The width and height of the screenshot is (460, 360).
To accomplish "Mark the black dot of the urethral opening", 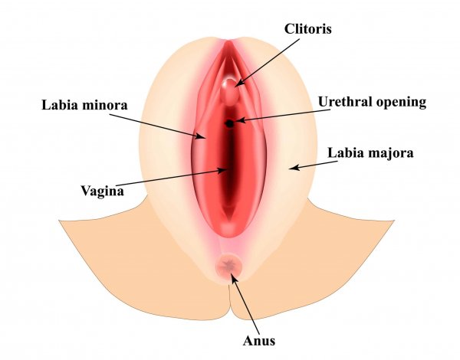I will click(229, 123).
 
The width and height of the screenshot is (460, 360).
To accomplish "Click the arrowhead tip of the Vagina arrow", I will click(225, 171).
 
